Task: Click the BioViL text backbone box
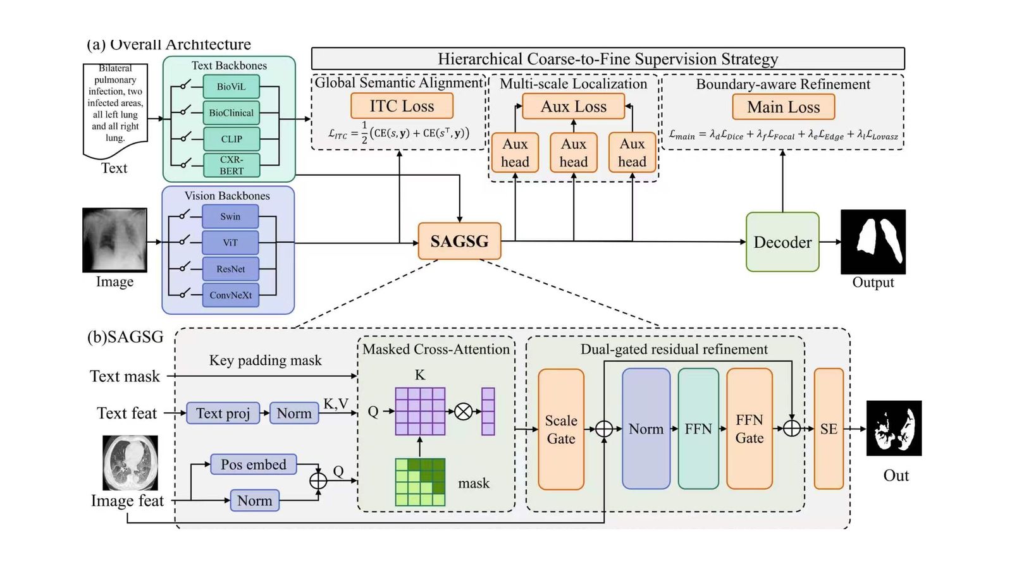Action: click(231, 86)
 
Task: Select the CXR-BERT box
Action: click(231, 165)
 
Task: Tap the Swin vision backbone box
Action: click(230, 216)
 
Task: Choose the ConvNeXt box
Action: click(230, 295)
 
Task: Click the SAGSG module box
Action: click(459, 241)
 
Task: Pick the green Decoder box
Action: click(782, 242)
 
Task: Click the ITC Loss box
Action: click(402, 106)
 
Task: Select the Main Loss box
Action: click(784, 107)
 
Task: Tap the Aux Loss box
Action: click(573, 107)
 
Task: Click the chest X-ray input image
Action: click(114, 240)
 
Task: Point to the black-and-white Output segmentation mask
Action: click(873, 242)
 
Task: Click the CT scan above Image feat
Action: click(130, 463)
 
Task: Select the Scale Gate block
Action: click(561, 429)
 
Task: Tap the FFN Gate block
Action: click(750, 429)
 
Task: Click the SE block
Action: click(829, 429)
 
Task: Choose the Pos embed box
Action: click(254, 464)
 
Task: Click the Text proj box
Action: click(223, 413)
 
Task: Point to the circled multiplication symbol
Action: click(463, 412)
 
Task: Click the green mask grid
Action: click(420, 482)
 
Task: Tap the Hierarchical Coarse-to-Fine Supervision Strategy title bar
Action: click(608, 59)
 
